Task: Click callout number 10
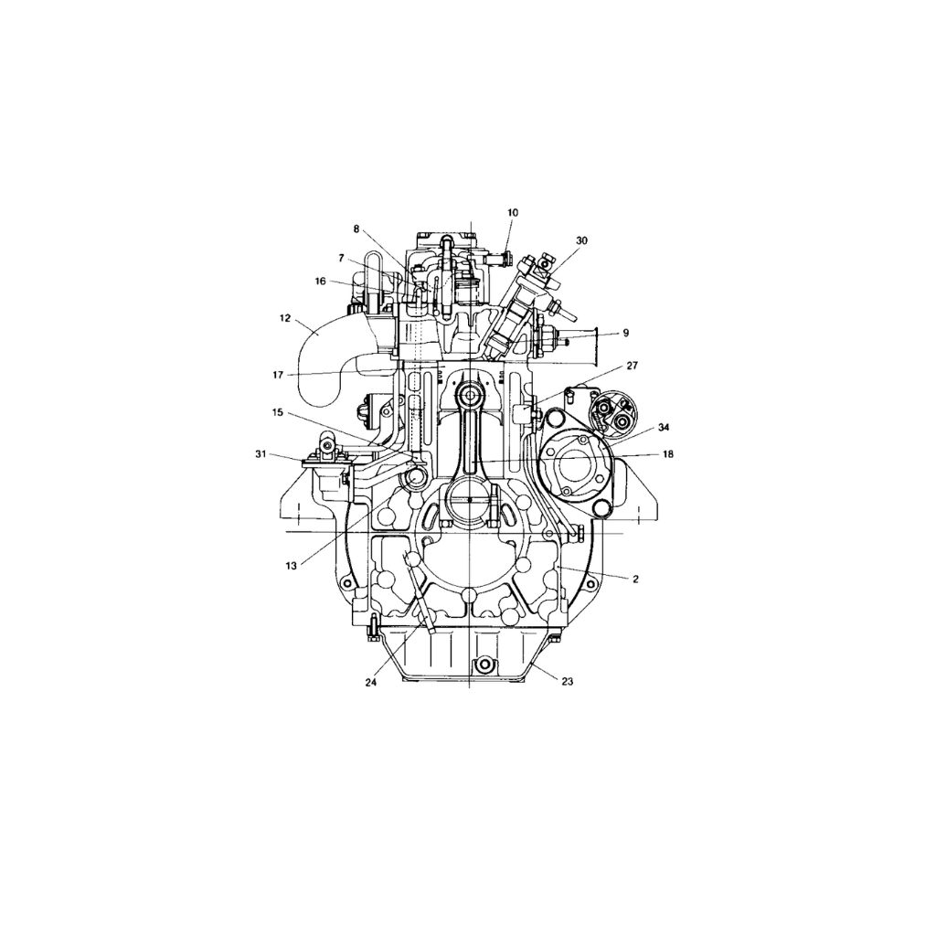[x=513, y=213]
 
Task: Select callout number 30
[x=582, y=240]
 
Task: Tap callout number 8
[x=356, y=229]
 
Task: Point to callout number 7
[x=341, y=259]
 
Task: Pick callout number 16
[x=320, y=282]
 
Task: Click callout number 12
[x=285, y=319]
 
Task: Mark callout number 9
[x=625, y=334]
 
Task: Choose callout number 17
[x=278, y=373]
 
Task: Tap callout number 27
[x=633, y=365]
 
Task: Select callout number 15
[x=278, y=412]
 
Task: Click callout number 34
[x=664, y=427]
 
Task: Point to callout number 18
[x=668, y=453]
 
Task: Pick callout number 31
[x=261, y=453]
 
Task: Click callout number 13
[x=291, y=566]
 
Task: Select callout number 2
[x=635, y=579]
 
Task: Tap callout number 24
[x=371, y=682]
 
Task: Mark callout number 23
[x=567, y=681]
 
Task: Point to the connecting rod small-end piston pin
[x=472, y=396]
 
